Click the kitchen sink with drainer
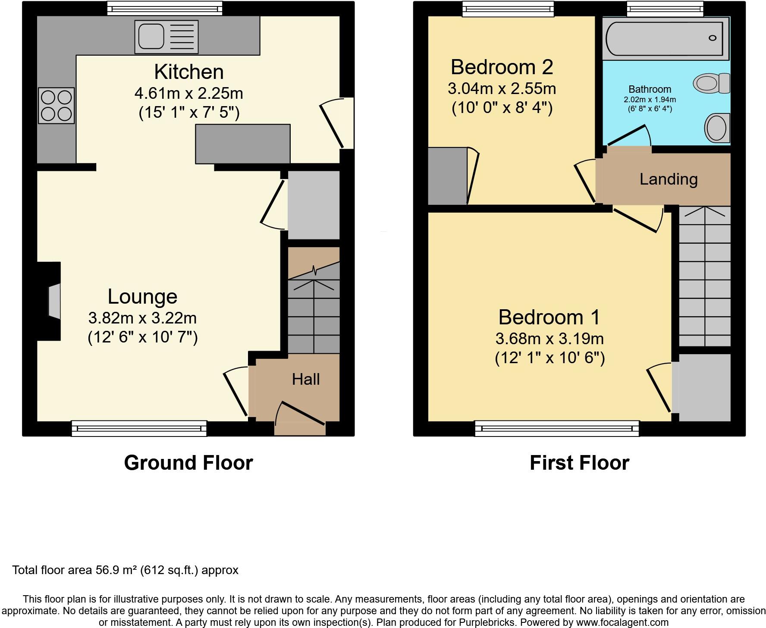pyautogui.click(x=166, y=37)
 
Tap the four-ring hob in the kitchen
pyautogui.click(x=56, y=106)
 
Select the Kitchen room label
pyautogui.click(x=189, y=72)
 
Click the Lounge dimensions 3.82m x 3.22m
pyautogui.click(x=142, y=318)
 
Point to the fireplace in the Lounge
pyautogui.click(x=53, y=301)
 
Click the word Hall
pyautogui.click(x=306, y=380)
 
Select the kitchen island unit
pyautogui.click(x=243, y=144)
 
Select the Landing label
pyautogui.click(x=669, y=179)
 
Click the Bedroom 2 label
pyautogui.click(x=502, y=67)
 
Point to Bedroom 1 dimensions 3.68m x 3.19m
pyautogui.click(x=549, y=339)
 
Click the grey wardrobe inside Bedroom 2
pyautogui.click(x=447, y=176)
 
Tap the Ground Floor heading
pyautogui.click(x=188, y=463)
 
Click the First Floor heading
pyautogui.click(x=579, y=463)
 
